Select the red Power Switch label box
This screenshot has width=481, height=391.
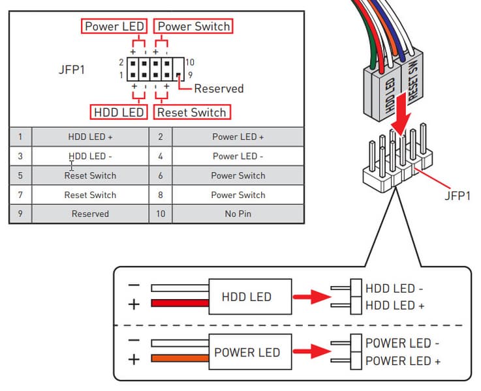193,27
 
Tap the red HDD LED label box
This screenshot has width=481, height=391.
118,112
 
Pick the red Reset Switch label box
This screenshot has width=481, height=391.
192,112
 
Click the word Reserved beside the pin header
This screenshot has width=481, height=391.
219,89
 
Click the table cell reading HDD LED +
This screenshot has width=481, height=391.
90,137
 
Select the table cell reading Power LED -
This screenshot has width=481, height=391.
238,156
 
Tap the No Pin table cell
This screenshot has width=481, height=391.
238,214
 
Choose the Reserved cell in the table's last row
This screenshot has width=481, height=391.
90,214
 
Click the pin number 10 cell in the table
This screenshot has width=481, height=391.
161,214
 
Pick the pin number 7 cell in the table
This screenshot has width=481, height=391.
20,195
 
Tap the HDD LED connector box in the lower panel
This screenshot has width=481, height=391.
246,297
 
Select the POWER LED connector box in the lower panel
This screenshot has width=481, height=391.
246,352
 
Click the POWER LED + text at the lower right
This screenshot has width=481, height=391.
403,361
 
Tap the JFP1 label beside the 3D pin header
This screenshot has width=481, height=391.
457,195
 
